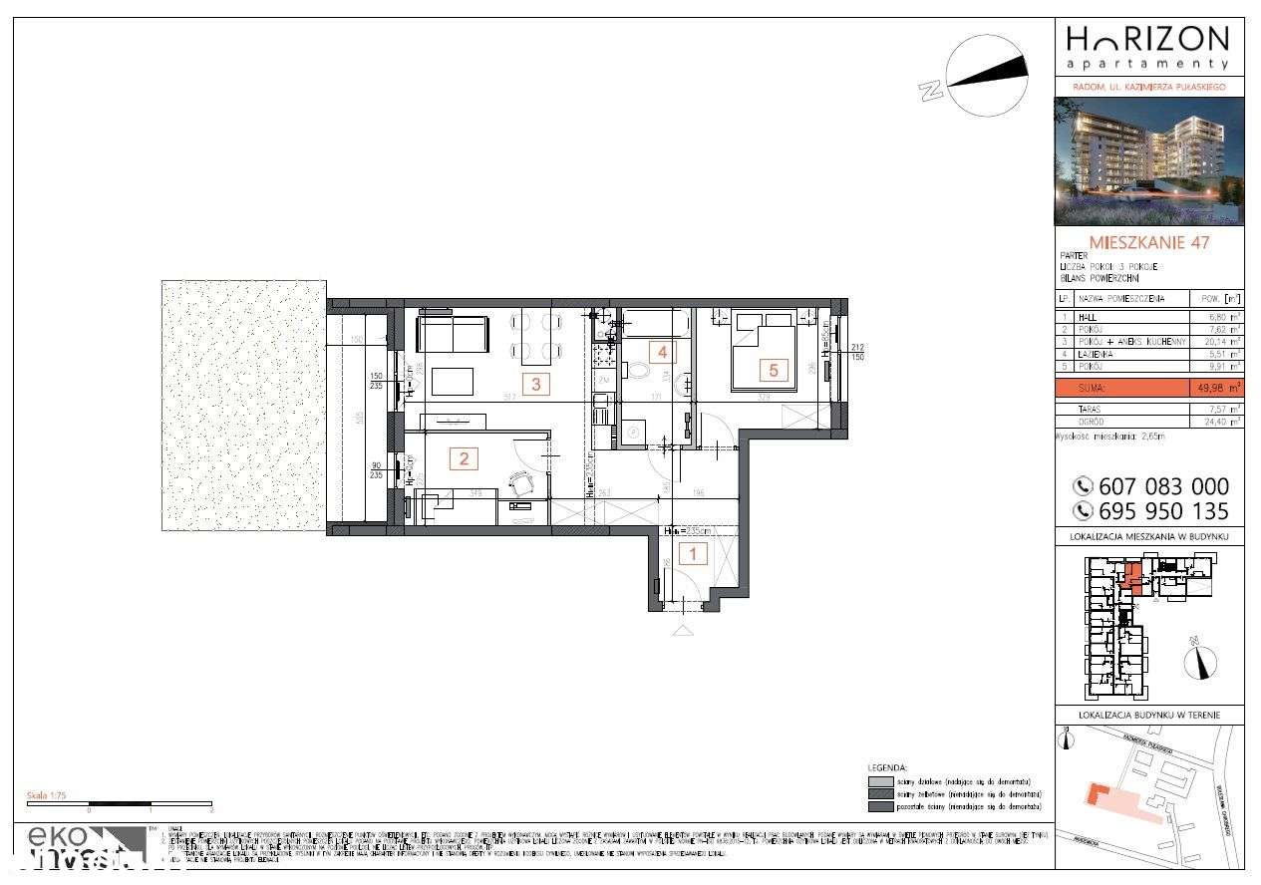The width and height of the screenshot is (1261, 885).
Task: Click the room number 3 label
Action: pyautogui.click(x=536, y=384)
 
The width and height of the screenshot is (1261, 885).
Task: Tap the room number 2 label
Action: pyautogui.click(x=463, y=458)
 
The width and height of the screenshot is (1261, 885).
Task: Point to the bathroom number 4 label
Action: pyautogui.click(x=660, y=352)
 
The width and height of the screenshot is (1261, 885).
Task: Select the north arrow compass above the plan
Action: pyautogui.click(x=987, y=75)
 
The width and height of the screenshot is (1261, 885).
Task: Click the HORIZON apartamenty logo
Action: pyautogui.click(x=1147, y=47)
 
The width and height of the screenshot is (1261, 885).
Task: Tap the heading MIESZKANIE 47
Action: pyautogui.click(x=1150, y=242)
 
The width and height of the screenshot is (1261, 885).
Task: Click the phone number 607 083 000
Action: pyautogui.click(x=1151, y=486)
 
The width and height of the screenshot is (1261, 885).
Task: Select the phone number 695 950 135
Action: pyautogui.click(x=1151, y=511)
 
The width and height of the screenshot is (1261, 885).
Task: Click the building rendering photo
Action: pyautogui.click(x=1149, y=161)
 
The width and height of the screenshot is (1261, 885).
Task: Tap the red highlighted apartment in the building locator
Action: pyautogui.click(x=1133, y=577)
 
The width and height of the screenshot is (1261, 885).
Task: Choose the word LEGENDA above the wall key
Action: pyautogui.click(x=887, y=769)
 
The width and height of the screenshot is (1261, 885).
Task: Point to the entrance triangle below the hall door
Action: pyautogui.click(x=682, y=631)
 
